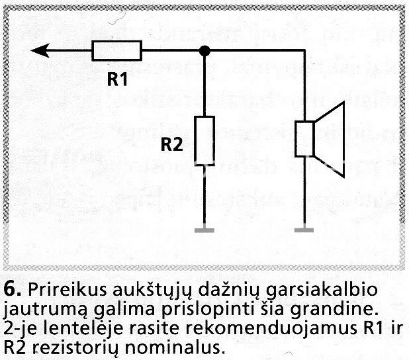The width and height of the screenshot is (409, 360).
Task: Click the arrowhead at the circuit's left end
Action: [x=40, y=50]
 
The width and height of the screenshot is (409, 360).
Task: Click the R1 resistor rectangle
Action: [x=116, y=50]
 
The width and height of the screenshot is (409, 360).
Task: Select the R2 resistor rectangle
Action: [x=206, y=138]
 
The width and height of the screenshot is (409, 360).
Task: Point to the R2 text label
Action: [x=171, y=145]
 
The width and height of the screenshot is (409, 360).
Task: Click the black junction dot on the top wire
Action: [x=206, y=50]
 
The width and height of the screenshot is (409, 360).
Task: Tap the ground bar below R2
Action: [x=206, y=230]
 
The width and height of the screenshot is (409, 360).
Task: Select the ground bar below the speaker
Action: [x=304, y=230]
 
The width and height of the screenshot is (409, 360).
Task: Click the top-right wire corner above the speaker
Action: [x=304, y=50]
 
